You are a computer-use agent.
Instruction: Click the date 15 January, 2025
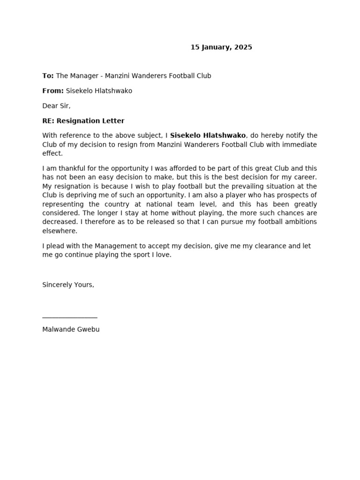coord(221,47)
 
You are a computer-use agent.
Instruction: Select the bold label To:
coord(48,76)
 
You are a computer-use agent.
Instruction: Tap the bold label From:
coord(53,91)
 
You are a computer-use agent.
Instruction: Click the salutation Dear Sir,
coord(56,106)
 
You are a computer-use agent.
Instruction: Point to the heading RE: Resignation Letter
coord(83,121)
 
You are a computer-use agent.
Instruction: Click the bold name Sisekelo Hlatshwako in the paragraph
coord(208,135)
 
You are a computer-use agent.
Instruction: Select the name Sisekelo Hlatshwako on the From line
coord(99,91)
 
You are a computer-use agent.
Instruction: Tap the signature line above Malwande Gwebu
coord(70,317)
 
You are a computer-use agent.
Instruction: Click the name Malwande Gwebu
coord(71,330)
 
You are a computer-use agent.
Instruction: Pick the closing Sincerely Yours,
coord(68,285)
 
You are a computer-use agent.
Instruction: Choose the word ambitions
coord(300,222)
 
